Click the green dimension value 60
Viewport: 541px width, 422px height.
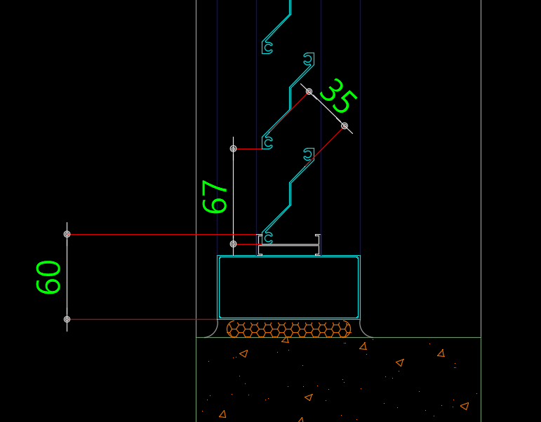pos(48,277)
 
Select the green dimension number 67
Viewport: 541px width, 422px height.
pos(215,196)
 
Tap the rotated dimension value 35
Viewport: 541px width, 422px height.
pos(338,95)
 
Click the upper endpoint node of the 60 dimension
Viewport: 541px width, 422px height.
pos(67,234)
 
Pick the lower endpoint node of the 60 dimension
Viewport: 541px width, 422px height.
pos(67,319)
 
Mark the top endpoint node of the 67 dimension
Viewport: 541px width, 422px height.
pos(233,149)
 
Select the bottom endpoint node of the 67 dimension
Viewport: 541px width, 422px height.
pos(233,244)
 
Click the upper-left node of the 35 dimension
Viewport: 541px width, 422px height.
pos(309,91)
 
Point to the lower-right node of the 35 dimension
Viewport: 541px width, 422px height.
pos(345,126)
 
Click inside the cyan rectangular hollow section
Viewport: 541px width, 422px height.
pos(289,287)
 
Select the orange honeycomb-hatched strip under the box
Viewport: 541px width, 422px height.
pos(289,329)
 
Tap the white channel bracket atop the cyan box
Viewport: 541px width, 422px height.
pos(289,245)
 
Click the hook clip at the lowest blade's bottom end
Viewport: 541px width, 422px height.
pos(267,238)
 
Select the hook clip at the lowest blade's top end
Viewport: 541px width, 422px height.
pos(309,154)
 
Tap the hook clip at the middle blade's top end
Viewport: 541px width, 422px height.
pos(309,59)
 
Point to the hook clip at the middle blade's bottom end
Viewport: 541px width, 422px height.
pos(267,143)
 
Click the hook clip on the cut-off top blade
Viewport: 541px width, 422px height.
pos(267,48)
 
